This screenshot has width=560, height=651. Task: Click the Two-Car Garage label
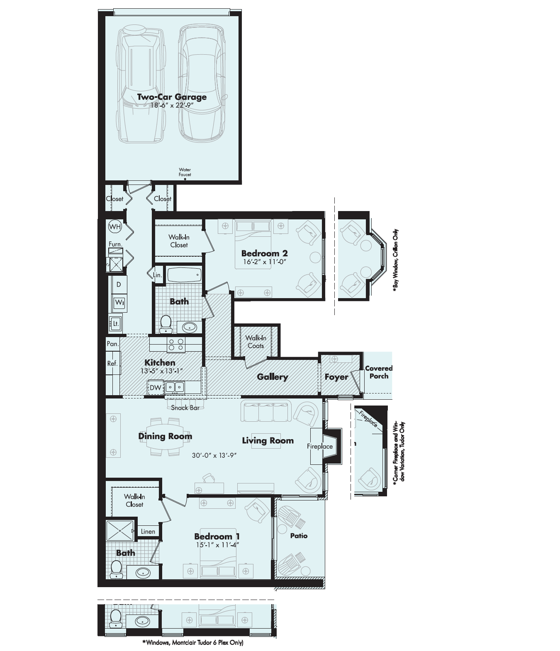(x=172, y=97)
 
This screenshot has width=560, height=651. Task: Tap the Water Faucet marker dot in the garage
(x=185, y=179)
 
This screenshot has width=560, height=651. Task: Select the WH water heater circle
(x=115, y=226)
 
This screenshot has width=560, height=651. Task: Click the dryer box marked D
(x=119, y=285)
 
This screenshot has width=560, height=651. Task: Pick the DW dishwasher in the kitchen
(x=155, y=388)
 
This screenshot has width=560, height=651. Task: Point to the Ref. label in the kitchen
(x=112, y=364)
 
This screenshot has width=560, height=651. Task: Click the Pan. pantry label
(x=112, y=344)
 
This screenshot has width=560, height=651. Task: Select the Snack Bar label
(x=185, y=408)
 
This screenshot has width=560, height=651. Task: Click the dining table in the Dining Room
(x=165, y=437)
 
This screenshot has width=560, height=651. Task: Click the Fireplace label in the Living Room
(x=319, y=446)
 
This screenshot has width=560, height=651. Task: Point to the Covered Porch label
(x=378, y=372)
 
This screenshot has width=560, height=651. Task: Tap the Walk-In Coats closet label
(x=256, y=342)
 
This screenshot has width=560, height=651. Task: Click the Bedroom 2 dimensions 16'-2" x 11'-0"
(x=264, y=262)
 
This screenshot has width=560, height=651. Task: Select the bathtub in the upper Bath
(x=184, y=274)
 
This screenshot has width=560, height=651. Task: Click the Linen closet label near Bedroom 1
(x=148, y=532)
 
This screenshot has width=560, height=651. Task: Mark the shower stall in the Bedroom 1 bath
(x=120, y=530)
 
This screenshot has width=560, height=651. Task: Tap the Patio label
(x=299, y=536)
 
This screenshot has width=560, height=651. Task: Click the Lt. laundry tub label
(x=116, y=323)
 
